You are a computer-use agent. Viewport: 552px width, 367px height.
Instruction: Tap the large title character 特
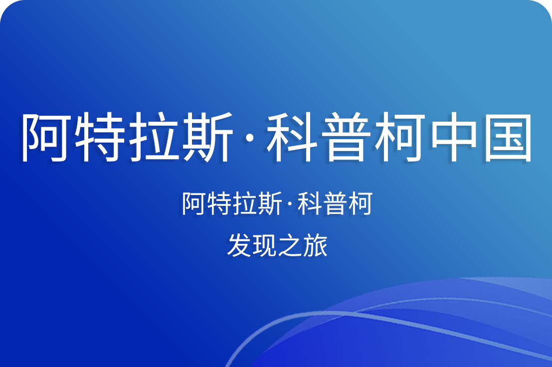(x=100, y=137)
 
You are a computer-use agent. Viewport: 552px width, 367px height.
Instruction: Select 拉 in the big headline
(x=154, y=137)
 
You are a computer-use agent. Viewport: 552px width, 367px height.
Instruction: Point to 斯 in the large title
(x=208, y=137)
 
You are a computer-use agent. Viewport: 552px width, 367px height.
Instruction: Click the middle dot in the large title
(x=250, y=138)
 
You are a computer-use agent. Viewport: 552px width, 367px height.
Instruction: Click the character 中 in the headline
(x=454, y=137)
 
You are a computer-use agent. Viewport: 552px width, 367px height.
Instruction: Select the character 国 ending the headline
(x=508, y=137)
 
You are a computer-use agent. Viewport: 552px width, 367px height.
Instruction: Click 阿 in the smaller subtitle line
(x=193, y=203)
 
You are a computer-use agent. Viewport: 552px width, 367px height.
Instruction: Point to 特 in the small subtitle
(x=218, y=203)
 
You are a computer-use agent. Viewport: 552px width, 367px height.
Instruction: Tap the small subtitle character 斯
(x=270, y=203)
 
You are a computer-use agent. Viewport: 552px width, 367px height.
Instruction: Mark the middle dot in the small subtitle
(x=289, y=204)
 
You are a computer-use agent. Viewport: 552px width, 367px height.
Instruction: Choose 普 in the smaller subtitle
(x=335, y=203)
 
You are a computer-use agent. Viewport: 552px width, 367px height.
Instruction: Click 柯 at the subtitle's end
(x=360, y=203)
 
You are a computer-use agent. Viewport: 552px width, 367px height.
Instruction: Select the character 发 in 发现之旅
(x=238, y=245)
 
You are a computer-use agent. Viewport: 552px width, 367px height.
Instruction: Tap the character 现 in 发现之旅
(x=264, y=245)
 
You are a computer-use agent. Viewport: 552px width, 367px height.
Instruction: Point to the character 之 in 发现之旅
(x=289, y=246)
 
